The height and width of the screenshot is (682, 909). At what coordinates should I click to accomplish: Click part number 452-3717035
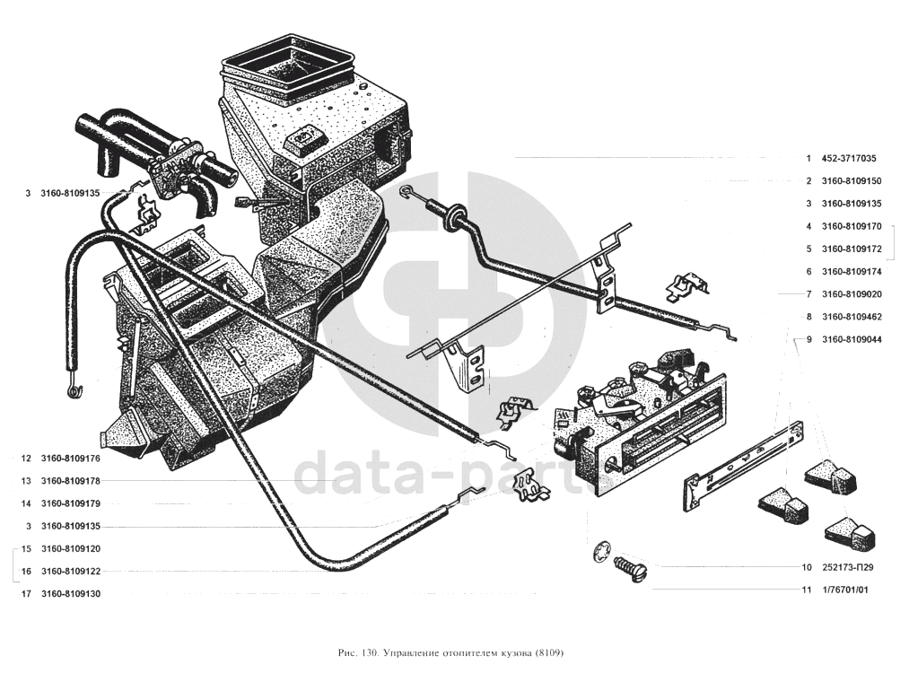849,158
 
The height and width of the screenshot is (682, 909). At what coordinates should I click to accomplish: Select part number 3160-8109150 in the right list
851,181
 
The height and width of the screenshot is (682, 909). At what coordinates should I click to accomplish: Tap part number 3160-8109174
851,271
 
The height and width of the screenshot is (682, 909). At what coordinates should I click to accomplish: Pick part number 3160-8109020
851,294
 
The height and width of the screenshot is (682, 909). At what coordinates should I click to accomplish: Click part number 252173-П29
847,567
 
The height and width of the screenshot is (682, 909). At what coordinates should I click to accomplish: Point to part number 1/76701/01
844,590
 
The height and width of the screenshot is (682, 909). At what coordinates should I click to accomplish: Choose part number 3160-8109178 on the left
71,481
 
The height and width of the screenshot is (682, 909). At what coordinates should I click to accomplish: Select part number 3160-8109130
71,594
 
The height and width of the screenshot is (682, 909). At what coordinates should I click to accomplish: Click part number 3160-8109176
71,459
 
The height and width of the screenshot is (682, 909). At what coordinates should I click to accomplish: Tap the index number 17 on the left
26,594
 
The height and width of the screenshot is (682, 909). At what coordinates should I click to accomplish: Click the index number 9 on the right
808,339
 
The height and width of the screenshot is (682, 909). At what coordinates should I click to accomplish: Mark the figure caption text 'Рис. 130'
356,653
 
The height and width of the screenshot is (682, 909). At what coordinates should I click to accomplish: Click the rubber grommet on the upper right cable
453,214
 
